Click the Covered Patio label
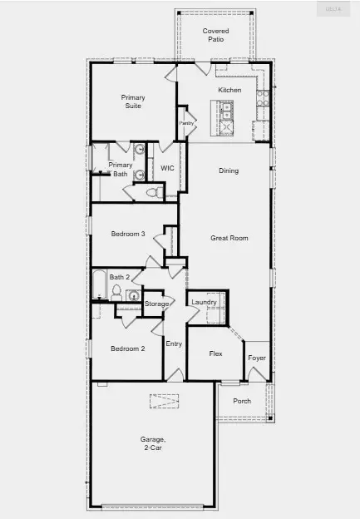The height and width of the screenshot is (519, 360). click(215, 36)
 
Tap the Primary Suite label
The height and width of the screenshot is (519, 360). click(133, 101)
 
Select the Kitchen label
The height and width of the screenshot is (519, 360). click(229, 90)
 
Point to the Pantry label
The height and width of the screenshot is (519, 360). click(187, 122)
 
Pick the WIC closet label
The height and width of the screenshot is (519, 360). click(167, 167)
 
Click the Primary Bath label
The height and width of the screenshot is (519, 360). click(121, 169)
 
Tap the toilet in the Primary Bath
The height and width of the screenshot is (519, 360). click(152, 192)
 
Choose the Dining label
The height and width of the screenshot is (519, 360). click(229, 171)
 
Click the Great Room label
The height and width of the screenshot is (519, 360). click(229, 238)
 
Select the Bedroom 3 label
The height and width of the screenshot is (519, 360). click(128, 235)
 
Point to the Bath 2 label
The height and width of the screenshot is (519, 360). click(120, 277)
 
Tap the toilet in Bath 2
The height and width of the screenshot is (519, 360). click(117, 294)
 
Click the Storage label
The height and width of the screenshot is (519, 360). click(157, 304)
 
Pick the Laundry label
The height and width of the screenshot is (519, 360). click(204, 302)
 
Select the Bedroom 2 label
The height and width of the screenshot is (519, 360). click(128, 348)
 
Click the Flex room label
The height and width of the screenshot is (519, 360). click(215, 353)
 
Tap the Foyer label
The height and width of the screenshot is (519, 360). click(257, 358)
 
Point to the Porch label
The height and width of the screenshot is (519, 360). click(242, 401)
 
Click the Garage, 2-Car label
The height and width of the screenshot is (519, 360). click(153, 442)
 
